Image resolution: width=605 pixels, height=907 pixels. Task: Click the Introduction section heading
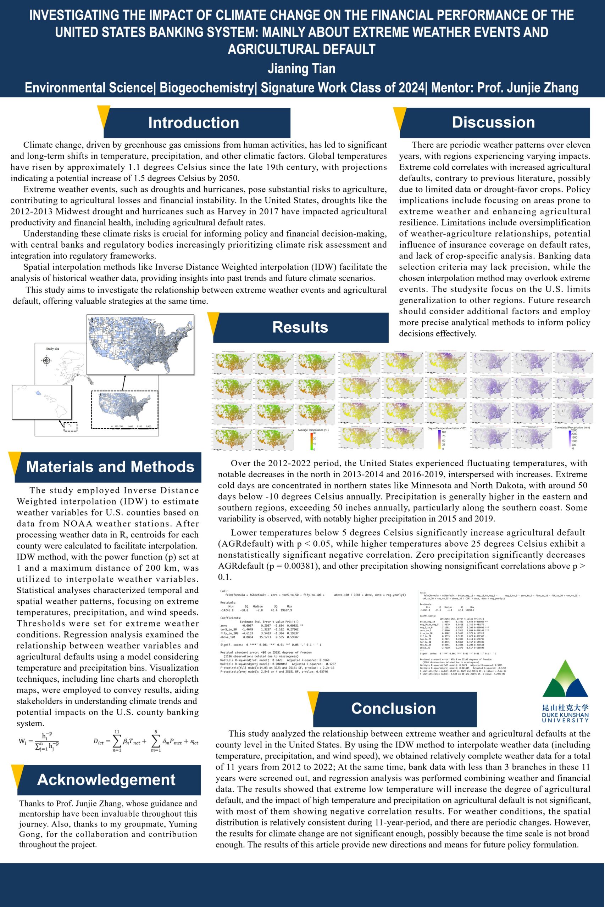coord(194,123)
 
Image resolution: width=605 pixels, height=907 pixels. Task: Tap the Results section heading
coord(300,327)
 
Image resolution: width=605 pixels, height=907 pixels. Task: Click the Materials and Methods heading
coord(110,467)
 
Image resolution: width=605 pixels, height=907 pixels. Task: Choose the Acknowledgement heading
coord(106,779)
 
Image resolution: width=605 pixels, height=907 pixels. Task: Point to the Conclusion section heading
coord(393,708)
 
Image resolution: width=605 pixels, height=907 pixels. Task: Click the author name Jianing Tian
coord(301,69)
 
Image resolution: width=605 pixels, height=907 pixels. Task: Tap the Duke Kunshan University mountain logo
coord(566,678)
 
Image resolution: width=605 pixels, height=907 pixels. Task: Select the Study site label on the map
coord(52,349)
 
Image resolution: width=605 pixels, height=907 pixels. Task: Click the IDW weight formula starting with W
coord(39,741)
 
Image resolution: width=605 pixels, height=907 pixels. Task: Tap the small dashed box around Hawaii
coord(70,427)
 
